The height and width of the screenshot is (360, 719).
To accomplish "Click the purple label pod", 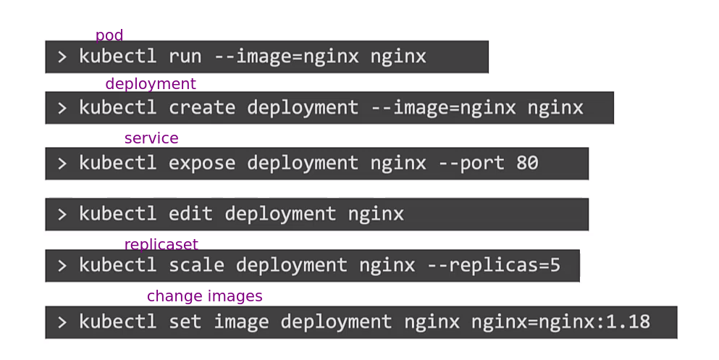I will coord(109,35).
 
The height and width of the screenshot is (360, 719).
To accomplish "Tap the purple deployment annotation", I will coord(151,84).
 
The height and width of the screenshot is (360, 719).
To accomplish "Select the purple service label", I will coord(151,138).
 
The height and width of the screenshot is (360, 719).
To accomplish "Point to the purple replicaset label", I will coord(161,245).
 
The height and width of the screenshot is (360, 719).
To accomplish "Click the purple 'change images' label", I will coord(204,296).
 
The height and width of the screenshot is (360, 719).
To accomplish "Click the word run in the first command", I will coord(185,56).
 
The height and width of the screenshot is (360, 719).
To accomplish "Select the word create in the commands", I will coord(202,108).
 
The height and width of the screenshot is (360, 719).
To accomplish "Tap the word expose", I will coord(202,164).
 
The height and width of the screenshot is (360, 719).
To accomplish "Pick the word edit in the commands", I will coord(191,214).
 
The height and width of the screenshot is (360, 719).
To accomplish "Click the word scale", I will coord(196,265).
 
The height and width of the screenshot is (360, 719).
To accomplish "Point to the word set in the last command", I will coord(185,322).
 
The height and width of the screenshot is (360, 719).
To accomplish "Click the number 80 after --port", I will coord(527,164).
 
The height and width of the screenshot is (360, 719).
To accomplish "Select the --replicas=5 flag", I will coord(494,265).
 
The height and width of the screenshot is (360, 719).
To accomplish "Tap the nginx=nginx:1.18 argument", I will coord(560,322).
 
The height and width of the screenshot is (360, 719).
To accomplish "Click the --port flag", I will coord(471,164).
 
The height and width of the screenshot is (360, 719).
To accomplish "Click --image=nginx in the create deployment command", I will coord(443,108).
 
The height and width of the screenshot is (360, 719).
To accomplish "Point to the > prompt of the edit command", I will coord(62,214).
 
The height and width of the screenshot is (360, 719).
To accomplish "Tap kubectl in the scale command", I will coord(117,265).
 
